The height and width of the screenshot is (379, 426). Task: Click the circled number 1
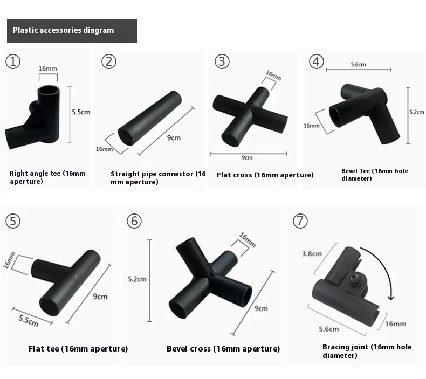[13, 61]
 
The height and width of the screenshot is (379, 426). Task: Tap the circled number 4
[316, 61]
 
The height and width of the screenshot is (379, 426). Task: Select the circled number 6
[134, 221]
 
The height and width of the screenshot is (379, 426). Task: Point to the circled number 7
[300, 220]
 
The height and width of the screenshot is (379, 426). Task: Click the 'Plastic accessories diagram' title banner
[72, 31]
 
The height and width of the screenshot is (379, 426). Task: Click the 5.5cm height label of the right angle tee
[81, 112]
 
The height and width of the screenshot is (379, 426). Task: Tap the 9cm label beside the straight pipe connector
[174, 137]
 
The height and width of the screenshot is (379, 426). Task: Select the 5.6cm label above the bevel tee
[358, 64]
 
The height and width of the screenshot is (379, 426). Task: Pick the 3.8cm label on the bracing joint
[312, 254]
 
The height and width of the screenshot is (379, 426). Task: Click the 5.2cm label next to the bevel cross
[137, 279]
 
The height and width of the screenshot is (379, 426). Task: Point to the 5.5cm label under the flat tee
[29, 321]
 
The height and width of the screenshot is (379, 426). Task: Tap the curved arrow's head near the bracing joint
[391, 297]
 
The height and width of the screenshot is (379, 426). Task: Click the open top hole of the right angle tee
[49, 90]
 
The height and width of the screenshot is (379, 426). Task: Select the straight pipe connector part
[150, 118]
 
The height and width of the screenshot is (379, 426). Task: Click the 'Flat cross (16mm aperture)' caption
[265, 175]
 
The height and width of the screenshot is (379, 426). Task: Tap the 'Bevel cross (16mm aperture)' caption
[223, 349]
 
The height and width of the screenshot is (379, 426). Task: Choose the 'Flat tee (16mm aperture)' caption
[78, 349]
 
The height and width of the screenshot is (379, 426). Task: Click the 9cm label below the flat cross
[247, 158]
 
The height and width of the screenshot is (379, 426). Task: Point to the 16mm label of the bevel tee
[311, 126]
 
